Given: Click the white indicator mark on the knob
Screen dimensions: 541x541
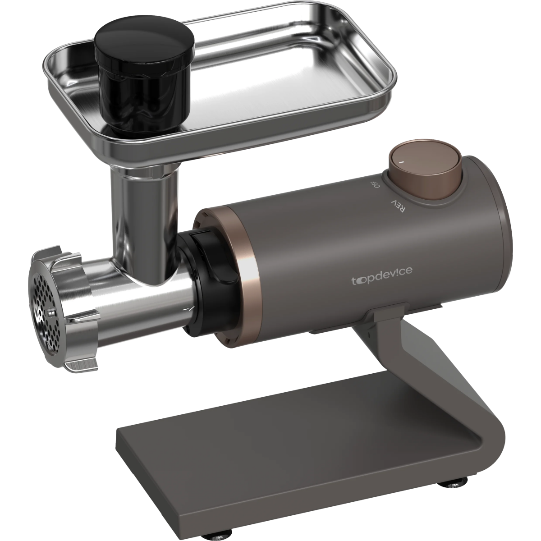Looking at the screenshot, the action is point(401,162).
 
